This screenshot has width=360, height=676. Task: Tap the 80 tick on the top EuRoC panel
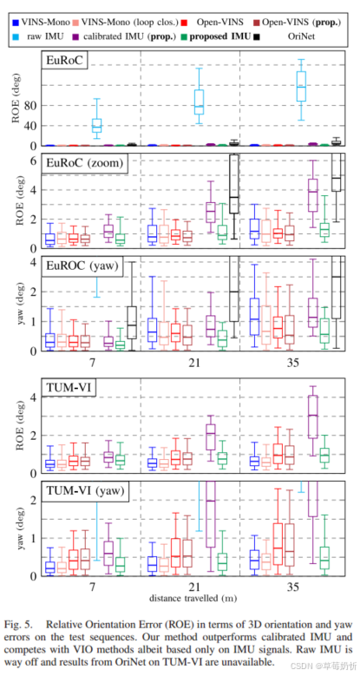[32, 105]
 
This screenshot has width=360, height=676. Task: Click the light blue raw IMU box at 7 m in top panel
[97, 125]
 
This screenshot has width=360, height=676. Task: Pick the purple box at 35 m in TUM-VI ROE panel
[313, 415]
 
